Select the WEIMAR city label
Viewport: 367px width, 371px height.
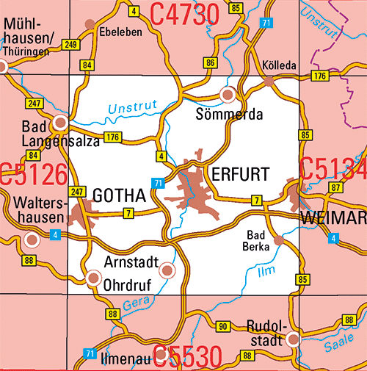click(333, 219)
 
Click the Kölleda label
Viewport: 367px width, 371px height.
click(279, 65)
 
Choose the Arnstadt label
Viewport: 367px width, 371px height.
click(131, 262)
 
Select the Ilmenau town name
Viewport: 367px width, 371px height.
click(131, 359)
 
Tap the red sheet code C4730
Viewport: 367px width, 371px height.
click(185, 12)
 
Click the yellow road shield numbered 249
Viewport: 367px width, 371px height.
click(71, 46)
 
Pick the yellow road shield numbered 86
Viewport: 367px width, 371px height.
click(211, 63)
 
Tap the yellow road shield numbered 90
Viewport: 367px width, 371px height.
click(224, 325)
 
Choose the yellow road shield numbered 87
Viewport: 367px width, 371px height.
click(335, 189)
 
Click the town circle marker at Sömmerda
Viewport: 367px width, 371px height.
click(228, 94)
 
